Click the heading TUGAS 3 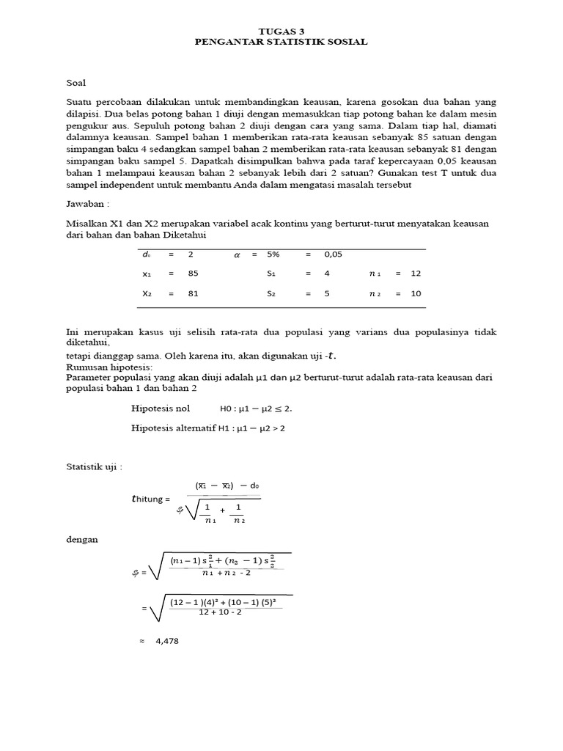pos(281,32)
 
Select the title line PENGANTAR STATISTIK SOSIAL pos(281,42)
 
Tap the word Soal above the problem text pos(76,83)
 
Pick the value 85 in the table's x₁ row pos(193,273)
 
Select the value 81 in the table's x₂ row pos(193,293)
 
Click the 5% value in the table pos(273,254)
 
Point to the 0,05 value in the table pos(334,254)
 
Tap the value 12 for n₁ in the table pos(416,273)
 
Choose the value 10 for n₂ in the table pos(416,293)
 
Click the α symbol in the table pos(237,254)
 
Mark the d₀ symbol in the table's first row pos(146,254)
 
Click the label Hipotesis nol pos(160,409)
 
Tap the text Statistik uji pos(94,466)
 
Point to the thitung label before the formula pos(150,499)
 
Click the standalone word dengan pos(81,539)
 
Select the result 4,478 pos(167,641)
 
